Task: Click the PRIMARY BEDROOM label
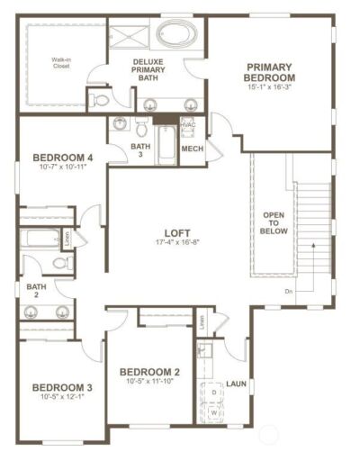click(271, 71)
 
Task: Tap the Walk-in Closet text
click(61, 61)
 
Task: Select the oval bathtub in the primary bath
click(176, 35)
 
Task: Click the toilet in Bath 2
click(61, 264)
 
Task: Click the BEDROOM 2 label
click(150, 372)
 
